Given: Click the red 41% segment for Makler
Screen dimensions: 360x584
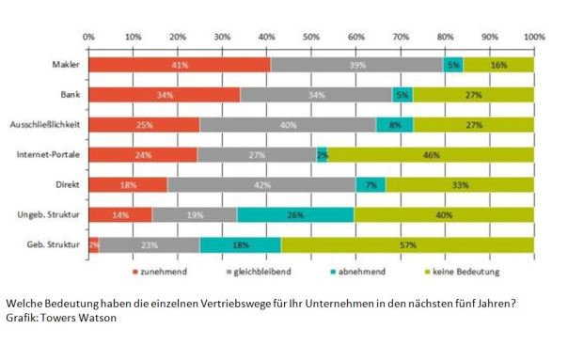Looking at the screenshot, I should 180,64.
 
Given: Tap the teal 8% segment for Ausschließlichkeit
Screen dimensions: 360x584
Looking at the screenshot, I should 395,124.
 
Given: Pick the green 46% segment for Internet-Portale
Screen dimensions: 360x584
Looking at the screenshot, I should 431,154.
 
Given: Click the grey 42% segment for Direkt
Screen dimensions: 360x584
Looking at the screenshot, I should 262,184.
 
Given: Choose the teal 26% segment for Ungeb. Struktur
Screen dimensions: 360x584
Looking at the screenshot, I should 295,214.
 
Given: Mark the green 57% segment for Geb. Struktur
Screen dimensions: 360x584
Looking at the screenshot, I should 407,244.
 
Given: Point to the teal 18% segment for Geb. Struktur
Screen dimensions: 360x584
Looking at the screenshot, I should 241,244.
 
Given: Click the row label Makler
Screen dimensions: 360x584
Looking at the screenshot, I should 66,64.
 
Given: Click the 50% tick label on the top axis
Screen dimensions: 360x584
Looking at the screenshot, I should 311,37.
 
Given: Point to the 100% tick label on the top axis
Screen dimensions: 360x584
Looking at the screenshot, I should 534,37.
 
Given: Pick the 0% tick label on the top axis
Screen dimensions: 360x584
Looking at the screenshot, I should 89,37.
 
